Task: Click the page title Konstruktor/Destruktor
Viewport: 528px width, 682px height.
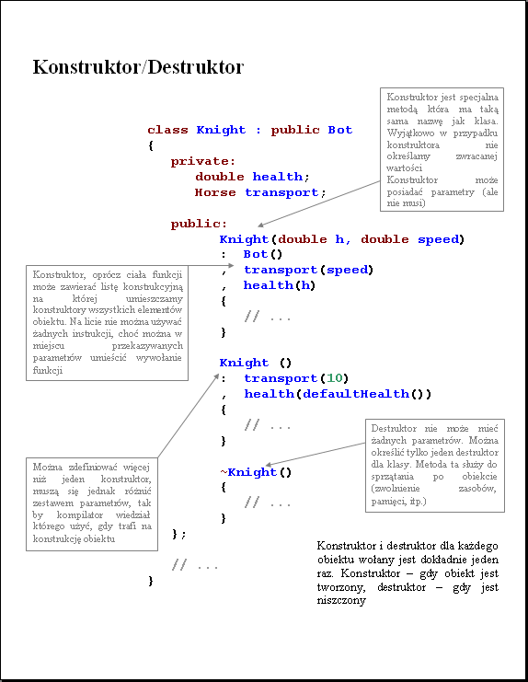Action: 138,67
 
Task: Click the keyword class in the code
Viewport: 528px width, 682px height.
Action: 167,130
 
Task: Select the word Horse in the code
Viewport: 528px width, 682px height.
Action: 215,192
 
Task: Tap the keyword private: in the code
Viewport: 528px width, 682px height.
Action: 203,161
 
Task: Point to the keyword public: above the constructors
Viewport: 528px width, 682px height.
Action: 199,224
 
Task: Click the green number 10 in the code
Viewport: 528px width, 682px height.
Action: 335,378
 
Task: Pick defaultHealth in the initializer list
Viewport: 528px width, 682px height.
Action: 356,394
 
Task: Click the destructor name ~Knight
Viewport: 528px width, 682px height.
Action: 248,472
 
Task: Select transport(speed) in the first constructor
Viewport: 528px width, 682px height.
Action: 308,270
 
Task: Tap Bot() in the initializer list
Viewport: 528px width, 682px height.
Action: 263,254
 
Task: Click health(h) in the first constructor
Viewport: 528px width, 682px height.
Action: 280,285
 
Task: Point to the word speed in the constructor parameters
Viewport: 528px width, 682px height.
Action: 438,239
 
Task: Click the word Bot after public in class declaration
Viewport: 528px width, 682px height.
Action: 339,130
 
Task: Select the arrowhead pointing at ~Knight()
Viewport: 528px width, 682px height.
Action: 268,465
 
